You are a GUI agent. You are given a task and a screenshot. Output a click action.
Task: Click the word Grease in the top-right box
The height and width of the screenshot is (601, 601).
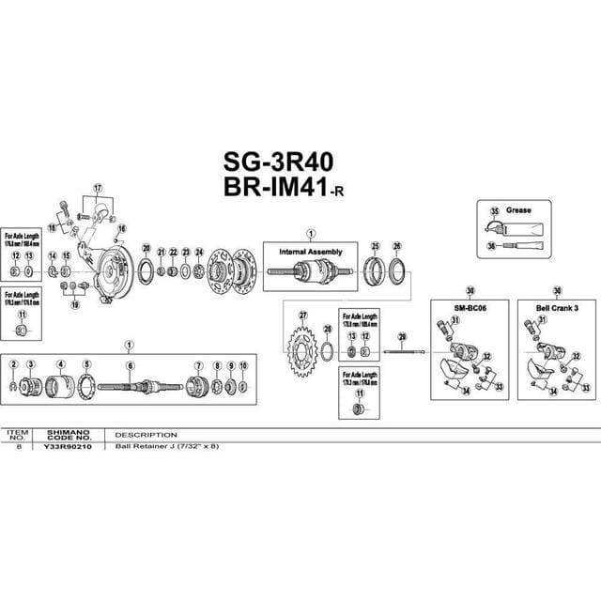[x=518, y=210]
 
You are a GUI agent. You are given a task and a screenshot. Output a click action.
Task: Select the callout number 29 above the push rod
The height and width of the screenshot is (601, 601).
[x=401, y=337]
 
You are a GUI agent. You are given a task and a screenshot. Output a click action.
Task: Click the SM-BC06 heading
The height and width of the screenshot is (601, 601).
[x=468, y=307]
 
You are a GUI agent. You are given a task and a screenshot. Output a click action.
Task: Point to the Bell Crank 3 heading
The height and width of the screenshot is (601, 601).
[x=557, y=307]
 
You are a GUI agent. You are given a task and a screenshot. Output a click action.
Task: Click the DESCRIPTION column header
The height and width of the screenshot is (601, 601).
[x=146, y=436]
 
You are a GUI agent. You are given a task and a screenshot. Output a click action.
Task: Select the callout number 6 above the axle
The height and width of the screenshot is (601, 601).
[x=130, y=365]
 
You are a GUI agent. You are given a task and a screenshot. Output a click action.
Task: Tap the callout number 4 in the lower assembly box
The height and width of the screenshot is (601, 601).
[x=60, y=364]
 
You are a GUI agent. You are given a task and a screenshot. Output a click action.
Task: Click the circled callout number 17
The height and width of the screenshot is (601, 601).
[x=96, y=187]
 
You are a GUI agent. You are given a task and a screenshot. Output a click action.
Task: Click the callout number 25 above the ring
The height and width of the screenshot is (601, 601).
[x=375, y=246]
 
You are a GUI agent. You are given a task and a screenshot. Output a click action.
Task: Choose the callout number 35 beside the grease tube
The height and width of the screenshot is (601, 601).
[x=492, y=212]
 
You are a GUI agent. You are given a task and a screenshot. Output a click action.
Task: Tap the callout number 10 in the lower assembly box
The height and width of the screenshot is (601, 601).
[x=243, y=364]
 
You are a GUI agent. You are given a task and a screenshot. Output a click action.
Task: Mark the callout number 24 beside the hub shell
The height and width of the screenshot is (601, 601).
[x=198, y=252]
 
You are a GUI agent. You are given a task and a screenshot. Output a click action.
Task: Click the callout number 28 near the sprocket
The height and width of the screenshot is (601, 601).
[x=327, y=329]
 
